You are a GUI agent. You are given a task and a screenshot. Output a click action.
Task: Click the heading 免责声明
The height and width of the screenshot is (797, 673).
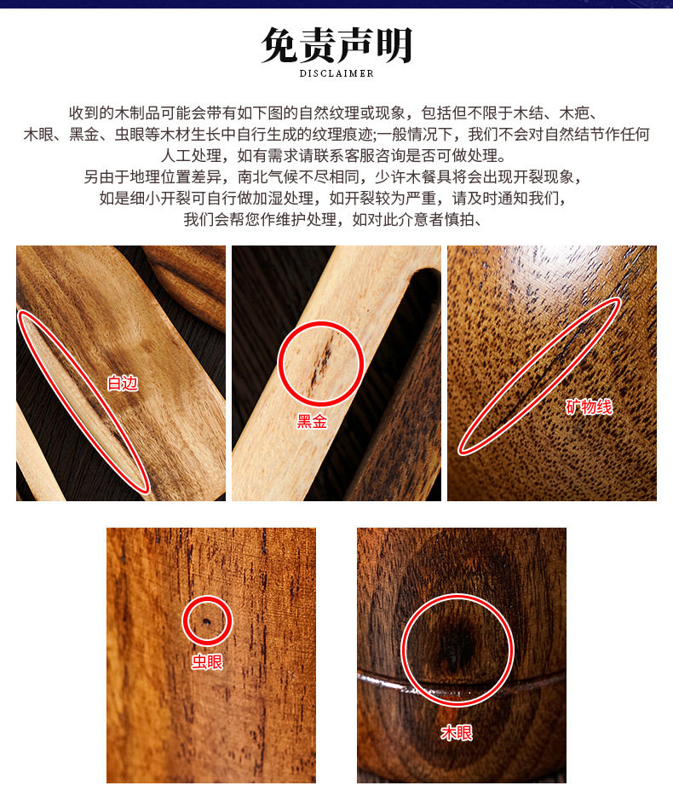tap(336, 45)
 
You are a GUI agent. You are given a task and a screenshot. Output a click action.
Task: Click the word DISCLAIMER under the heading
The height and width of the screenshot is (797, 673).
tap(336, 73)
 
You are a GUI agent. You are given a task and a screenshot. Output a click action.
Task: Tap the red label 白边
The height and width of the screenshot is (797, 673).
tap(123, 383)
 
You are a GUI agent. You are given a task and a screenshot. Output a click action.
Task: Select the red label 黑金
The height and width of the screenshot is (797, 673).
tap(313, 421)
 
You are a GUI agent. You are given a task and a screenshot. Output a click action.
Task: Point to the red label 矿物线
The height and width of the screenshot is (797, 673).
tap(589, 407)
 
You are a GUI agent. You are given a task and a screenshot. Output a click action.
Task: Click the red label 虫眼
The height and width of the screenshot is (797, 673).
tap(207, 661)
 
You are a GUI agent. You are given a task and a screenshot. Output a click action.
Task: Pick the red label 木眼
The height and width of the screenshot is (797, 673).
tap(457, 732)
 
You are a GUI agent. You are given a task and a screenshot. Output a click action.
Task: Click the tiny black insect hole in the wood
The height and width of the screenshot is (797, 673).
tap(207, 621)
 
